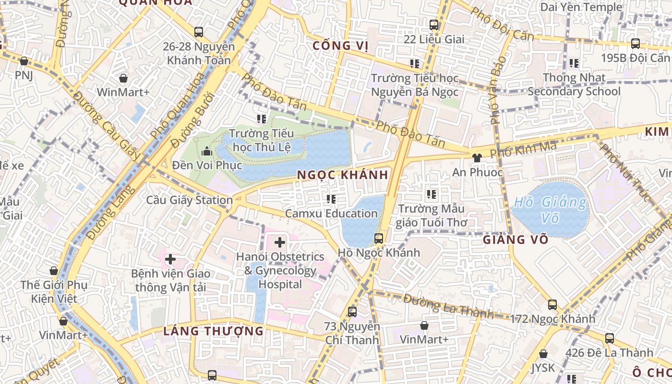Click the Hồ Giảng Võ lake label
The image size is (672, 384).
[550, 210]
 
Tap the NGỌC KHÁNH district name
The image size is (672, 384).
[342, 175]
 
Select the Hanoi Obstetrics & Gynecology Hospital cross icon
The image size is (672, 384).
[279, 242]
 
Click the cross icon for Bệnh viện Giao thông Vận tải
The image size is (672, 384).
[170, 259]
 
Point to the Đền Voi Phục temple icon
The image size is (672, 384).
[207, 152]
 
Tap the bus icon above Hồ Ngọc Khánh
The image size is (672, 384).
[379, 238]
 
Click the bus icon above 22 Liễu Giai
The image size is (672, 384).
[434, 25]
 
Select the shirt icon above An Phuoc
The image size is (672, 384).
[476, 157]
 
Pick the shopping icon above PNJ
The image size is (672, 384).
[24, 61]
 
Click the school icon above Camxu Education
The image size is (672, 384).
[331, 199]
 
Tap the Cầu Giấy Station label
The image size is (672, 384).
[189, 200]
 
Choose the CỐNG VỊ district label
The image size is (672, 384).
[340, 46]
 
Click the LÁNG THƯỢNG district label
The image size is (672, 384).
[214, 331]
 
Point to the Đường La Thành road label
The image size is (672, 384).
[448, 306]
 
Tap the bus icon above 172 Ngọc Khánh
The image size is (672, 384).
[552, 304]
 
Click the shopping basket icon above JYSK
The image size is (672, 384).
[543, 354]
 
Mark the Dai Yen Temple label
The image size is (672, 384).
[581, 7]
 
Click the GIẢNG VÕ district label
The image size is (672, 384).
[516, 240]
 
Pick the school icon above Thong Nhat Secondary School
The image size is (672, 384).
[574, 63]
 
